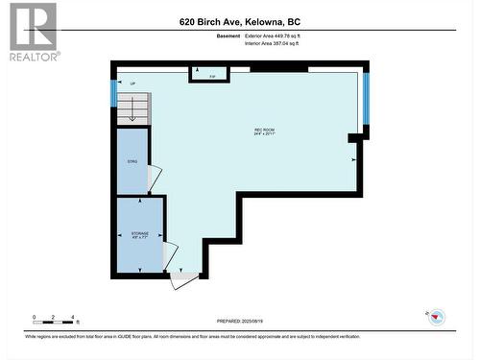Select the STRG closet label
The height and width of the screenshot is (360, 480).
[x=133, y=161]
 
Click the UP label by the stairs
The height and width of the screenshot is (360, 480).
[x=132, y=84]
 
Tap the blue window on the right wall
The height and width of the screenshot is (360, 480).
[x=366, y=98]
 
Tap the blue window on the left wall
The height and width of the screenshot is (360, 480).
[x=113, y=92]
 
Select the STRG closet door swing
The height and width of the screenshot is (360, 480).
[x=155, y=179]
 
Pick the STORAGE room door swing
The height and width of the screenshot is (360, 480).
[x=170, y=255]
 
